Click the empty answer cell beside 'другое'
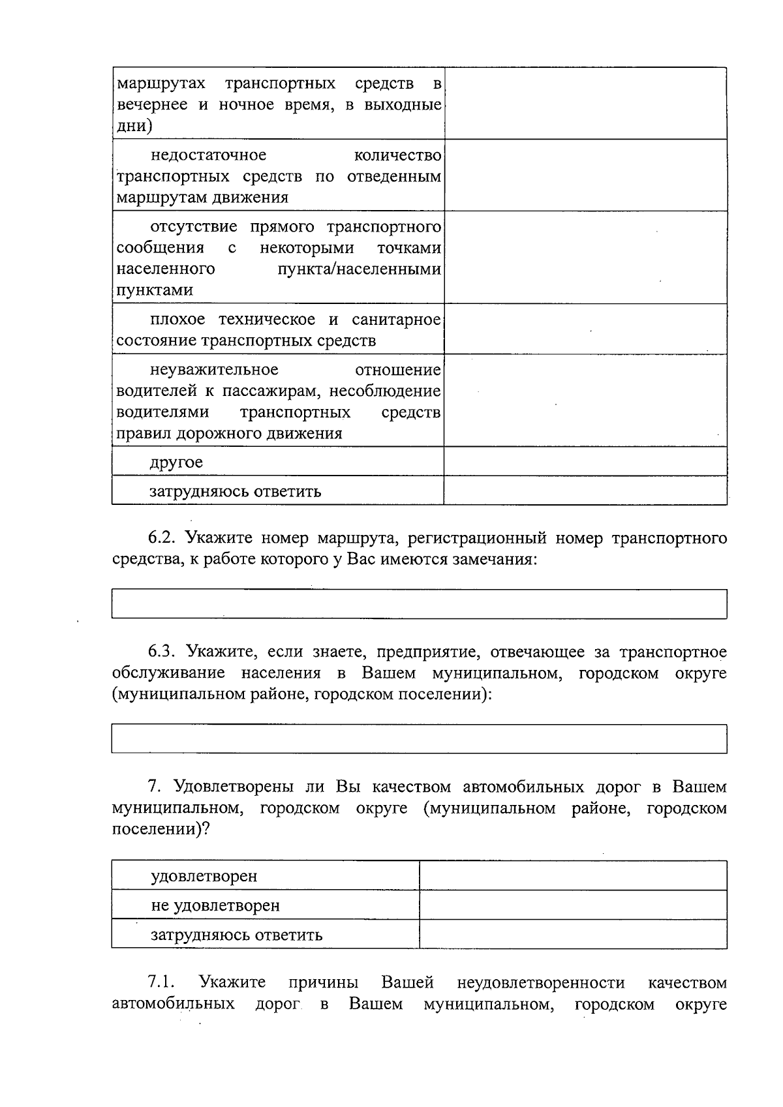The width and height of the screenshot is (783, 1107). (x=585, y=461)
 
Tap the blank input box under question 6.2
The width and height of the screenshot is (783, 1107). (x=419, y=603)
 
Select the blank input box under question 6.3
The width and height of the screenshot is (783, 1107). (x=419, y=738)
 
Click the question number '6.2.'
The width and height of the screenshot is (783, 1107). (x=162, y=538)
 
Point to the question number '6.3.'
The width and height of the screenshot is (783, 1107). (x=162, y=652)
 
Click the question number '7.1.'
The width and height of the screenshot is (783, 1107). (x=162, y=982)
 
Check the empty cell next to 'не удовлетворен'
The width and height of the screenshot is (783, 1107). (x=573, y=905)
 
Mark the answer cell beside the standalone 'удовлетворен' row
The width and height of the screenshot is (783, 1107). (x=573, y=875)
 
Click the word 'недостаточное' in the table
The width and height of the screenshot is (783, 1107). (x=208, y=155)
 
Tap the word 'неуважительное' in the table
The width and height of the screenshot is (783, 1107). (x=214, y=370)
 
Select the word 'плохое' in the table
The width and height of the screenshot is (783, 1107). (x=177, y=320)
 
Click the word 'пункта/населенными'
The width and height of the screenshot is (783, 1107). (x=360, y=269)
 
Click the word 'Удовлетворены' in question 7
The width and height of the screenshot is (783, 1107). (x=236, y=787)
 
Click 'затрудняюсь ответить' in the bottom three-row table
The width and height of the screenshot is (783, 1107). (x=236, y=934)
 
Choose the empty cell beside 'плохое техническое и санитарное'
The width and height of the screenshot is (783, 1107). (x=585, y=329)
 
